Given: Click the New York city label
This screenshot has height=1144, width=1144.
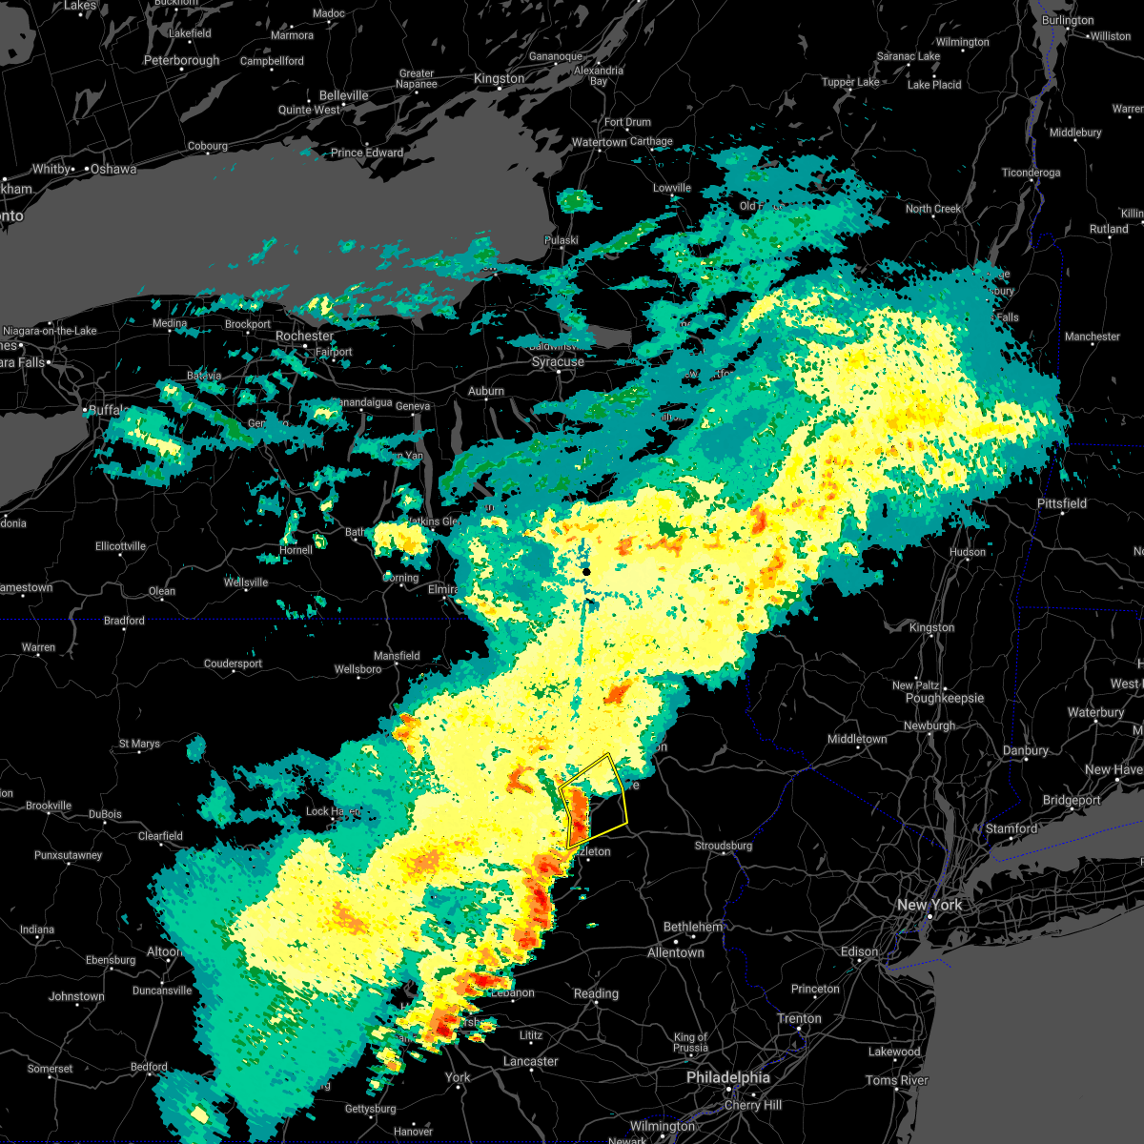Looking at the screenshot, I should (929, 905).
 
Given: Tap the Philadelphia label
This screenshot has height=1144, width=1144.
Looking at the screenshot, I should (728, 1077).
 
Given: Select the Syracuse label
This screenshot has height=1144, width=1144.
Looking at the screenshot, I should (558, 362).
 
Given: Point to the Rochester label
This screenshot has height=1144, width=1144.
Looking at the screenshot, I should (304, 336).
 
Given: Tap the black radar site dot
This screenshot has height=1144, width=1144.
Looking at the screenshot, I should (587, 571).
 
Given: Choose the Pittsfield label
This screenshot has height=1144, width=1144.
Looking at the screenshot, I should (1062, 503).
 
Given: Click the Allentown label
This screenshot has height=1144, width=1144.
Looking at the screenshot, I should (676, 952).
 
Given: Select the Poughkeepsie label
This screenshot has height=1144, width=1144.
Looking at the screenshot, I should (945, 698).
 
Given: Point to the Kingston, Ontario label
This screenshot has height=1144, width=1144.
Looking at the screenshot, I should (499, 79).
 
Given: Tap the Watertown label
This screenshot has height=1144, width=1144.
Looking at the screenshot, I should (600, 143).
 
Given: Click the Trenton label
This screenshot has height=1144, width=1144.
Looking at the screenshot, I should (799, 1018).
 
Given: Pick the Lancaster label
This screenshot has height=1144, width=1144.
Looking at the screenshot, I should (531, 1061).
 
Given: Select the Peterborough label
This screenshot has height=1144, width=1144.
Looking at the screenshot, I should (181, 61).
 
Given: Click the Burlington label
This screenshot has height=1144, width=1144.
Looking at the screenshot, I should (1068, 20).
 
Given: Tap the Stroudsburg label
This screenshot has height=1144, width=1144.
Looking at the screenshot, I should (724, 846).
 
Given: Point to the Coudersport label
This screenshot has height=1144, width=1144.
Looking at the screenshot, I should (233, 664).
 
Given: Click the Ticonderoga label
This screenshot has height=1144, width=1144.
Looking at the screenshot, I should (1031, 173).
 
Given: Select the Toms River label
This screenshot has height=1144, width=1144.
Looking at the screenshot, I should (897, 1080).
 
